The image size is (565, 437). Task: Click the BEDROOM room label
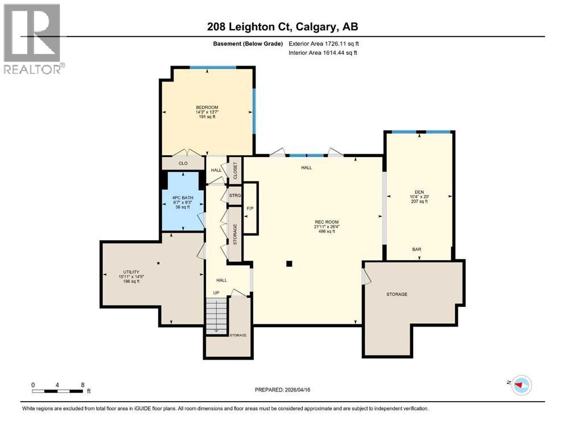(207, 108)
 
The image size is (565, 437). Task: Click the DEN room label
(419, 192)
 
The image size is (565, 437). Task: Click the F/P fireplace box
(250, 208)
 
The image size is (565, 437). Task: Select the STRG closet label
(234, 196)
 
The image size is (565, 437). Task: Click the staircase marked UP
(216, 316)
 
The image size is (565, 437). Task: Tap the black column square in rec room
(289, 263)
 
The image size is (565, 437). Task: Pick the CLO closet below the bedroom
(183, 163)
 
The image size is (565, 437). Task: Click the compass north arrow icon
(521, 385)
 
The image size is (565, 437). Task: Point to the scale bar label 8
(83, 385)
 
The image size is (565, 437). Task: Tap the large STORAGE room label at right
(397, 294)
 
